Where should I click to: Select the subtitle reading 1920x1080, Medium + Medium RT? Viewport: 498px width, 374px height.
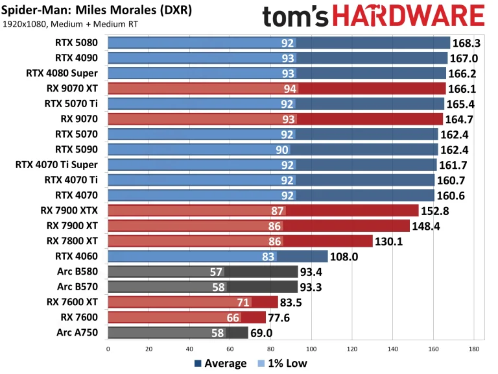click(70, 25)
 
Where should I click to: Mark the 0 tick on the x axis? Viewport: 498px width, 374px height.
click(108, 349)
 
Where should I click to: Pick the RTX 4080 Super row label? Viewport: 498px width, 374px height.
click(62, 73)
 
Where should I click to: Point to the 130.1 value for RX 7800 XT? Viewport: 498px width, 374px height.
click(391, 241)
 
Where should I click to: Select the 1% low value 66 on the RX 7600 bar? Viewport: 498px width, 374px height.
click(233, 318)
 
